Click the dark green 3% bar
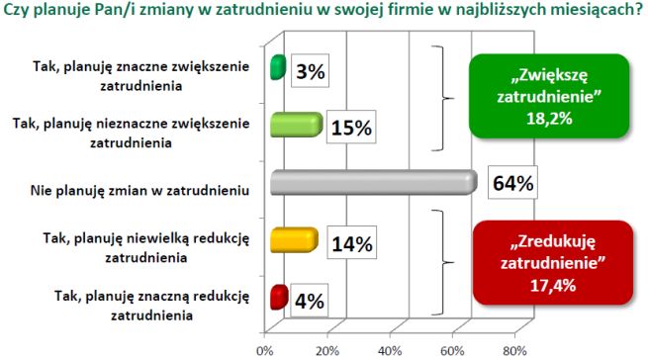[278, 68]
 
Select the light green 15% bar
[296, 125]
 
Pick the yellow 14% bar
[294, 240]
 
